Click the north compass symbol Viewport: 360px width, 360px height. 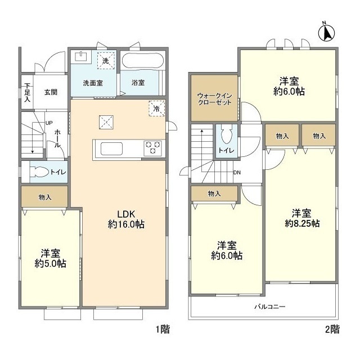pos(326,32)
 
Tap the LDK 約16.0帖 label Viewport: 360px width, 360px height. pos(126,219)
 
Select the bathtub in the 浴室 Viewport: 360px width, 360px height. pos(142,61)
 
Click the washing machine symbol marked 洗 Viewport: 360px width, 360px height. pos(106,61)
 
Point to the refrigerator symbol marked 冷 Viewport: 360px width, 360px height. pos(156,109)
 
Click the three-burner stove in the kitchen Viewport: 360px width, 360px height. pos(152,147)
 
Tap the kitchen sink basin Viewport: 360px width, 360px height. pos(111,148)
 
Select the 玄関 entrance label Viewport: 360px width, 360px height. pos(51,92)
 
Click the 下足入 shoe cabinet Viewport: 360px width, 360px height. pos(28,92)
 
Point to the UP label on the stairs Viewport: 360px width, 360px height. pos(49,123)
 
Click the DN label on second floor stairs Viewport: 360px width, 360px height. pos(237,173)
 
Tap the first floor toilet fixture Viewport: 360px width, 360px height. pos(39,172)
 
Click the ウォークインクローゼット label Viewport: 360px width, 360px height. pos(215,99)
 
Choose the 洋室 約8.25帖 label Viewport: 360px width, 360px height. pos(302,218)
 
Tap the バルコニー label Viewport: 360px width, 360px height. pos(270,307)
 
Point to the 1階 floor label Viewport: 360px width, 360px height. pos(163,330)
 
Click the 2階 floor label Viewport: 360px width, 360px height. pos(332,330)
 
